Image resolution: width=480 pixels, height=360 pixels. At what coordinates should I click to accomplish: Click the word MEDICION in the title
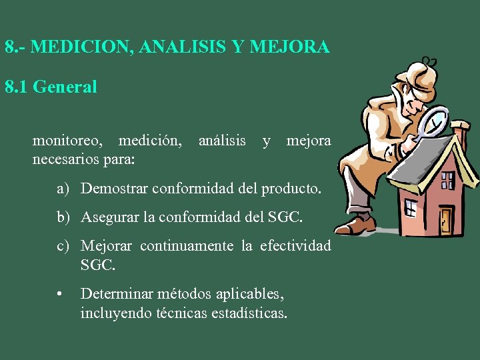(73, 48)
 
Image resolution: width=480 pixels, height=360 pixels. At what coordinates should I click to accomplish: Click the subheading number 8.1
(16, 87)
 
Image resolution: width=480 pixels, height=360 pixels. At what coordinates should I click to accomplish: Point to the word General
(65, 87)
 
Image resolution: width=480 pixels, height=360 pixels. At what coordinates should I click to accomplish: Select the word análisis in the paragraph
(222, 141)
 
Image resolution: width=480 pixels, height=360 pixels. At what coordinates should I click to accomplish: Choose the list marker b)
(63, 217)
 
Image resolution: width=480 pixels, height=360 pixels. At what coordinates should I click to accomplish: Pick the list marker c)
(63, 246)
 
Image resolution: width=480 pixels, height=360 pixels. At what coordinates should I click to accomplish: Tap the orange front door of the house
(445, 221)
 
